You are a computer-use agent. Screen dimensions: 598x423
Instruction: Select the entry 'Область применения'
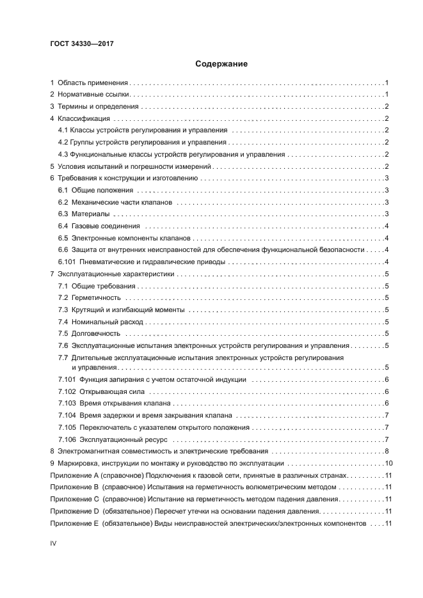tap(93, 83)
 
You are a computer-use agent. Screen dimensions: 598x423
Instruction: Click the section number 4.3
tap(63, 154)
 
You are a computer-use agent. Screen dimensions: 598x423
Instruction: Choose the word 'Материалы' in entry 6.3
tap(90, 214)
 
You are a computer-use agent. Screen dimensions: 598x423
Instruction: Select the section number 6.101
tap(67, 262)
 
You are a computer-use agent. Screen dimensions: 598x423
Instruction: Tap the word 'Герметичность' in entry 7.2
tap(96, 297)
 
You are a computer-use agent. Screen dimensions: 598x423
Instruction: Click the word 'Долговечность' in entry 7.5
tap(96, 333)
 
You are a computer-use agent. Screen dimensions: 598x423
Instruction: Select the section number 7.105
tap(67, 427)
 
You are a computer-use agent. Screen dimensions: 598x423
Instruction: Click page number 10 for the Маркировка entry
tap(386, 463)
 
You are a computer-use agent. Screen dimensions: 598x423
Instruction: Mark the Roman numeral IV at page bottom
tap(54, 543)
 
